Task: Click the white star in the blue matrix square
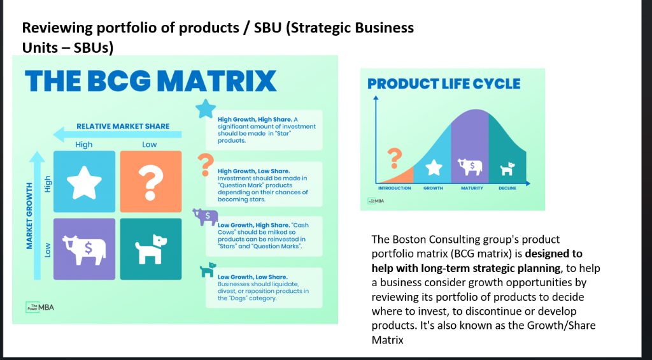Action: click(x=85, y=182)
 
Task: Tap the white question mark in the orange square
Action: click(x=151, y=182)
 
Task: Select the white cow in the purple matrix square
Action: click(x=84, y=248)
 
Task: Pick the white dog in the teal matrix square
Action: click(x=151, y=248)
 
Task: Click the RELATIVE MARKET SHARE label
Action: click(x=123, y=126)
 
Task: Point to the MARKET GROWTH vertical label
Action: click(x=30, y=216)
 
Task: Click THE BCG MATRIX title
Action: click(x=151, y=82)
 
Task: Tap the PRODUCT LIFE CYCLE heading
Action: click(x=444, y=84)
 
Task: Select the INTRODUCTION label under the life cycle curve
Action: click(x=395, y=188)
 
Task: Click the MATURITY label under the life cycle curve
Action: click(x=472, y=188)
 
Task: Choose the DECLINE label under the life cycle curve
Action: click(x=507, y=188)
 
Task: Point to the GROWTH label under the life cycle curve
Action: click(x=433, y=188)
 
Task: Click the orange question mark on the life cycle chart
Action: click(x=395, y=157)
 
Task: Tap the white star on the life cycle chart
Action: click(x=434, y=168)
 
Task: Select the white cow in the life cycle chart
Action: click(x=470, y=167)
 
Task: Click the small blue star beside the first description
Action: click(x=205, y=109)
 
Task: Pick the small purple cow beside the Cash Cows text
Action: click(x=205, y=217)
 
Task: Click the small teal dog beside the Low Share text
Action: click(x=206, y=271)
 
